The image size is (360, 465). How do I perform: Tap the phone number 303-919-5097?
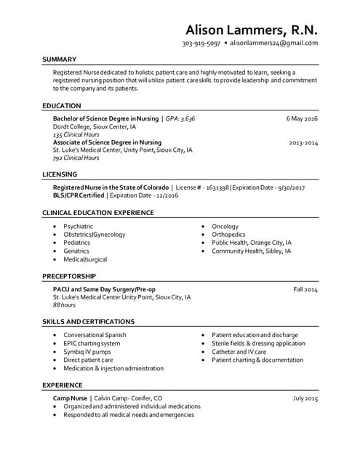click(x=201, y=44)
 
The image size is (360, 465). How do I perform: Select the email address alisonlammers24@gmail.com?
click(x=275, y=44)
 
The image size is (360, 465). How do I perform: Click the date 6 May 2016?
click(x=302, y=118)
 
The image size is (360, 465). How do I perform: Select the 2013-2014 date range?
click(x=303, y=142)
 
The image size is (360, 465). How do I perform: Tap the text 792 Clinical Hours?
click(x=76, y=158)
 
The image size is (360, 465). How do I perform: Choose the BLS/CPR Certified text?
click(x=79, y=195)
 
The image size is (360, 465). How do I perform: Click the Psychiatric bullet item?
click(x=78, y=227)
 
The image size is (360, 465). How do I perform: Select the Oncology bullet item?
click(x=225, y=227)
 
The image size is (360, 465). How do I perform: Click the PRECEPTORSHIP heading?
click(x=69, y=276)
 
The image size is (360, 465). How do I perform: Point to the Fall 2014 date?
click(x=305, y=289)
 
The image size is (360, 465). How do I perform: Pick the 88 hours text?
click(x=64, y=305)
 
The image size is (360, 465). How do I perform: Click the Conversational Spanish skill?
click(x=95, y=335)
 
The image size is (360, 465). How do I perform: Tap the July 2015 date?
click(x=305, y=399)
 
